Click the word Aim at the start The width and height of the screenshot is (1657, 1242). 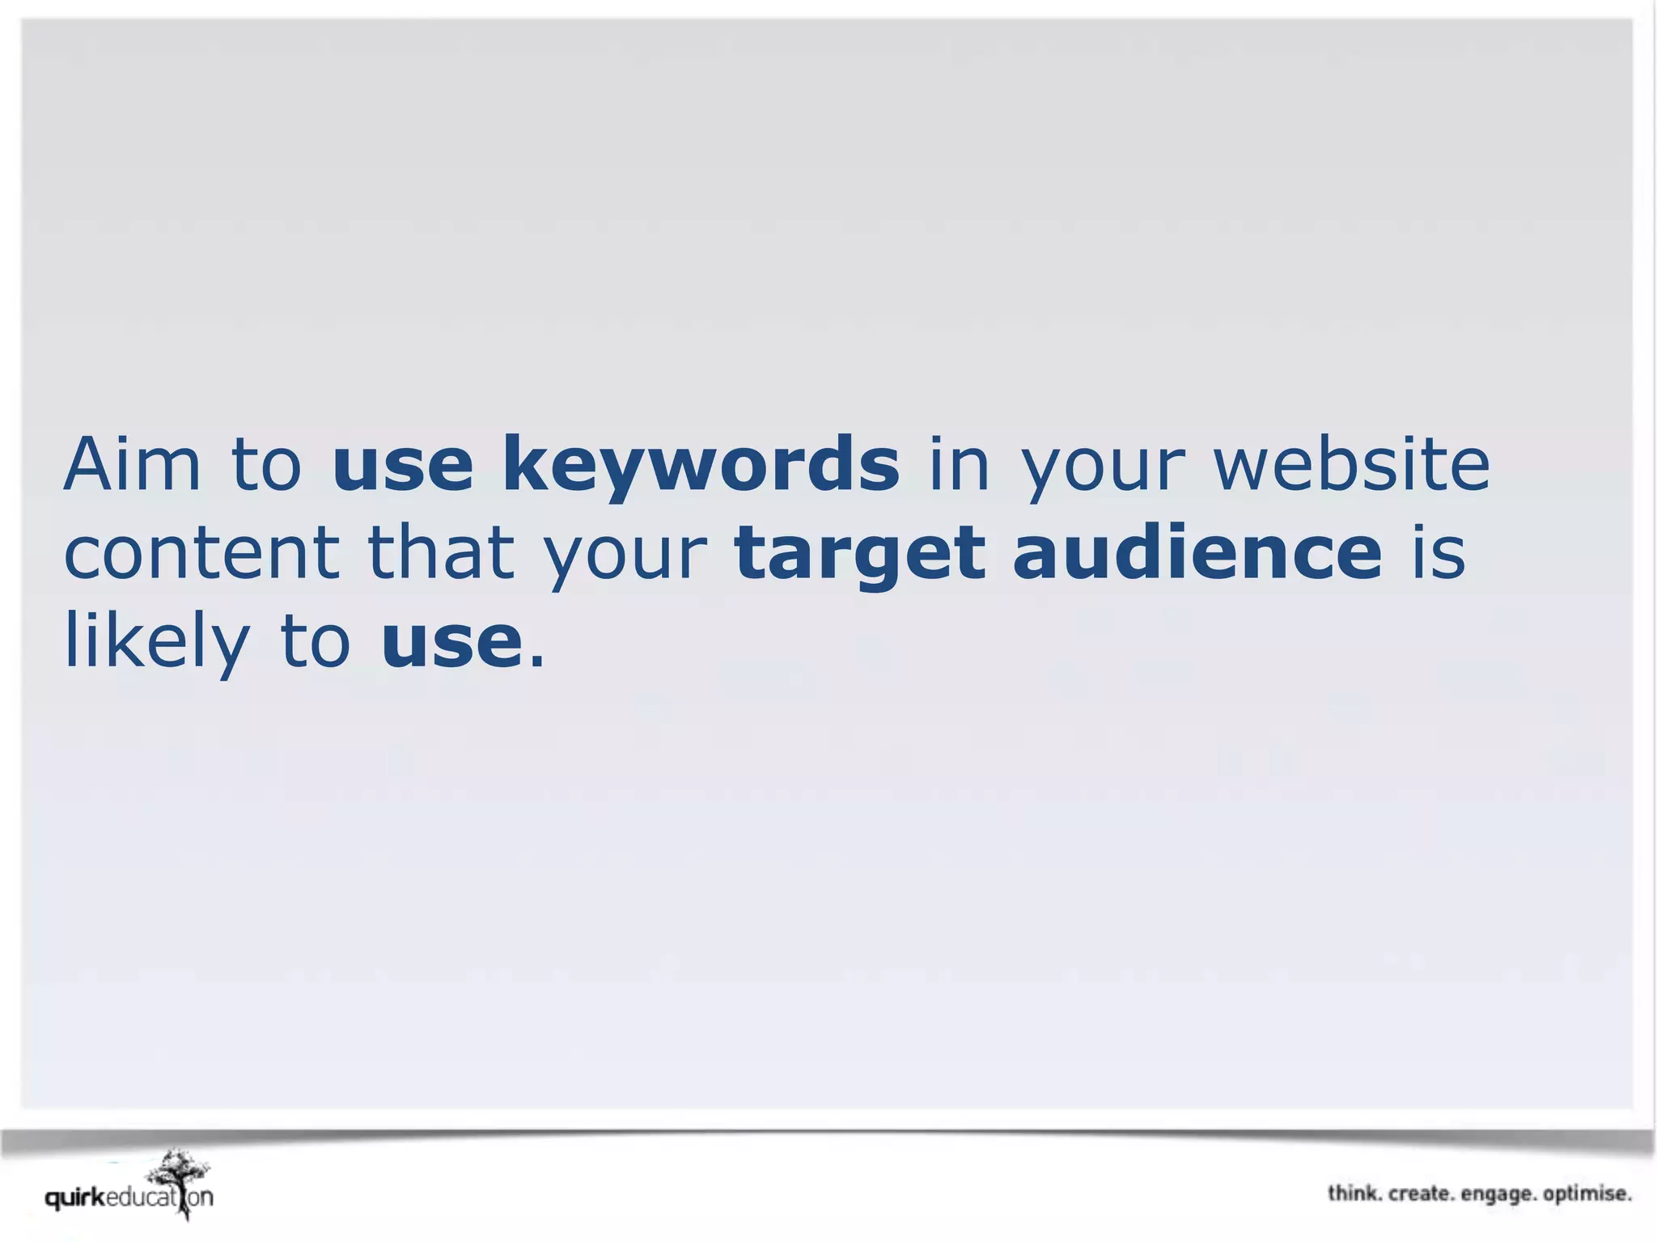click(x=132, y=464)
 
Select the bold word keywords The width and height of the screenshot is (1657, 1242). click(x=701, y=466)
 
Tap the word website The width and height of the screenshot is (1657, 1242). click(x=1351, y=464)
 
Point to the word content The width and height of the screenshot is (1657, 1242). click(x=201, y=553)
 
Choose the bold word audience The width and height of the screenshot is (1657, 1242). click(x=1197, y=553)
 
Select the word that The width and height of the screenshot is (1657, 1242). click(x=441, y=553)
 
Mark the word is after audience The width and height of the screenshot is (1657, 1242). click(x=1439, y=553)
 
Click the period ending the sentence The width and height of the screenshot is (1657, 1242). click(x=536, y=661)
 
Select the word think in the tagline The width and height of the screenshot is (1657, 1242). click(x=1354, y=1193)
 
